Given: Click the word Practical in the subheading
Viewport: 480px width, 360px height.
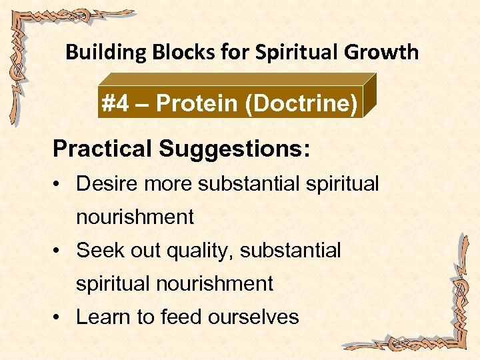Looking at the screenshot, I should coord(103,149).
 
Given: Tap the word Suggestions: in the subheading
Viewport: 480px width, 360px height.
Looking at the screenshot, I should coord(234,149).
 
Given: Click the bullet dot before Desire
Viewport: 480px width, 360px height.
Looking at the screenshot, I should coord(59,184).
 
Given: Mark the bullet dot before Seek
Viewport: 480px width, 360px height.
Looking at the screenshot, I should coord(59,251).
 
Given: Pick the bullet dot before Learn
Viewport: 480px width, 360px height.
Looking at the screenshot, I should coord(59,317).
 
